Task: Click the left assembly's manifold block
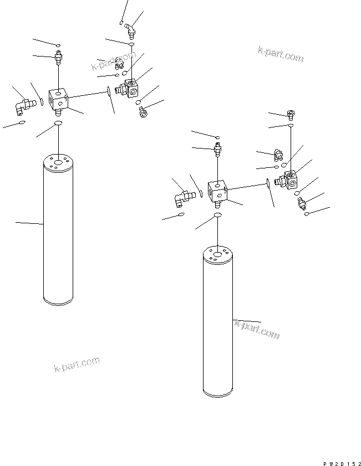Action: click(58, 99)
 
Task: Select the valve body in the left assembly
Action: click(130, 88)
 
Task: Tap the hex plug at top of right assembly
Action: click(291, 115)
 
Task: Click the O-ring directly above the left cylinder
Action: click(58, 123)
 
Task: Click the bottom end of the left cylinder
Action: click(58, 302)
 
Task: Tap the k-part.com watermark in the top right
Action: click(281, 54)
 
